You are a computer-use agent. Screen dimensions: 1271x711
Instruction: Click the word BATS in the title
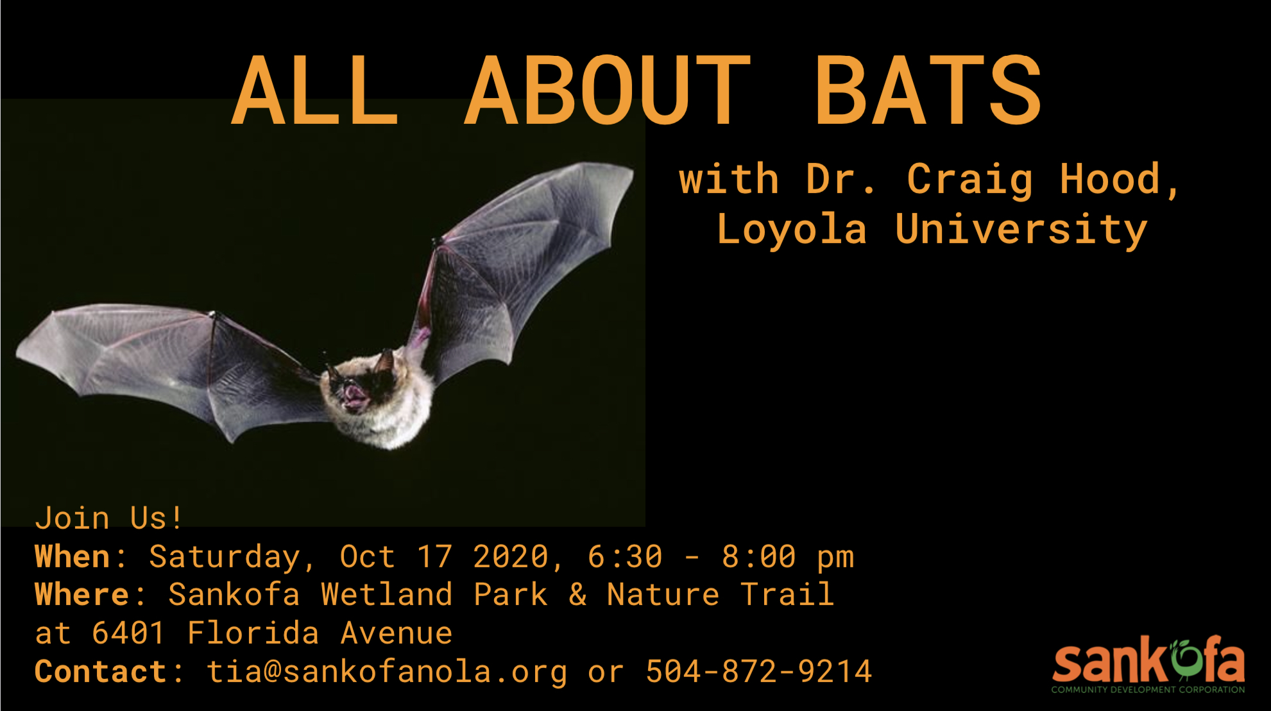point(928,90)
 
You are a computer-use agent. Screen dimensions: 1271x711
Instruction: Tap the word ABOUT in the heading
point(607,90)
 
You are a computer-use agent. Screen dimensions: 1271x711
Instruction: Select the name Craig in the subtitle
point(970,180)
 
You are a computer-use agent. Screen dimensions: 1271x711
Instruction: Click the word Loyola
point(792,228)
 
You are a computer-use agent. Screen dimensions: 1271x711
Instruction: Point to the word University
point(1021,230)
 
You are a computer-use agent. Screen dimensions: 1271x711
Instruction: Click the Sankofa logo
point(1148,665)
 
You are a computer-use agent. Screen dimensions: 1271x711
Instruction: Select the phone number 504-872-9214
point(758,672)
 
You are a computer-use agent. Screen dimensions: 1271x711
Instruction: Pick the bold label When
point(71,556)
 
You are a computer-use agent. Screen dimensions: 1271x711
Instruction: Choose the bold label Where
point(81,594)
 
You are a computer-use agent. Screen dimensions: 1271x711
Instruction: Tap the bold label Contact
point(100,672)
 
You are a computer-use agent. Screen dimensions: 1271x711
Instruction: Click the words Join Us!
point(109,518)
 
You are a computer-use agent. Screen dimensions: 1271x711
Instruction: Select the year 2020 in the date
point(511,556)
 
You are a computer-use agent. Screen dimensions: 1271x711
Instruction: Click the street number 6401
point(128,633)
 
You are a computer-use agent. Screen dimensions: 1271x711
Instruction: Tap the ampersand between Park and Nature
point(577,595)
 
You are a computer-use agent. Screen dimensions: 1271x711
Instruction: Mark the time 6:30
point(625,556)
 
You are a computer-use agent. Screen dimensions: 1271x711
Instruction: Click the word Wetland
point(387,594)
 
